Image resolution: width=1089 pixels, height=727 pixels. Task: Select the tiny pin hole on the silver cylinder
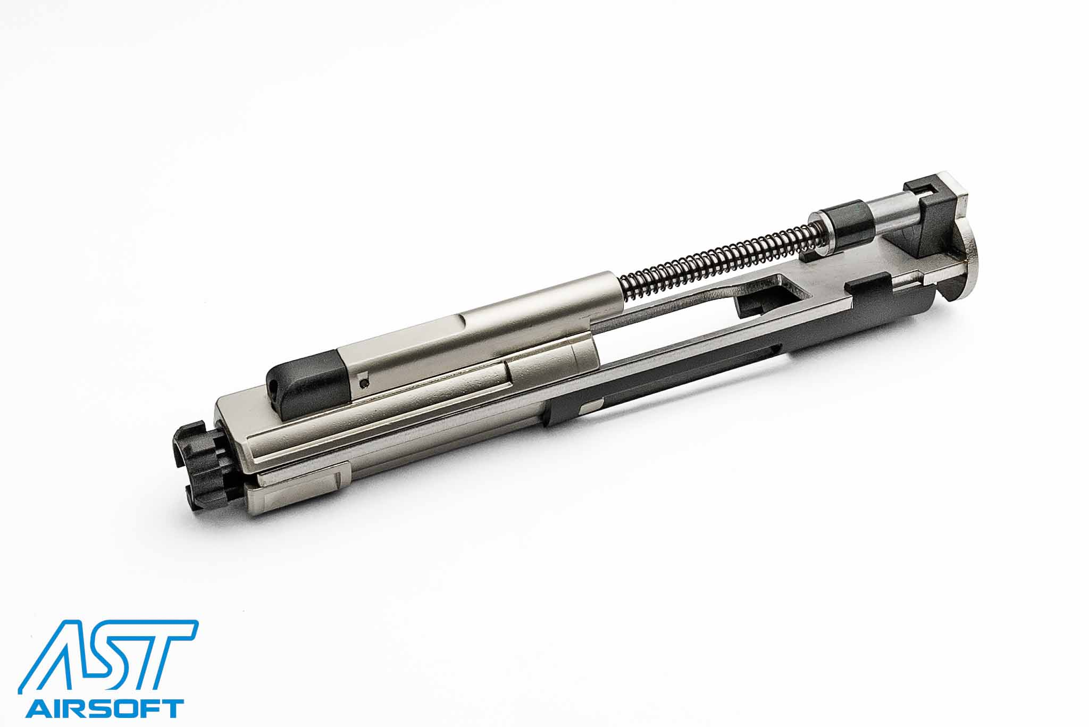[363, 381]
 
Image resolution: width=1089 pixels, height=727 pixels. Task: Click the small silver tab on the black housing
[591, 408]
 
